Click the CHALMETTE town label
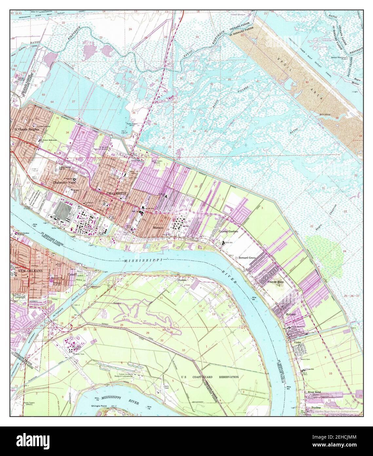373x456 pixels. pos(116,194)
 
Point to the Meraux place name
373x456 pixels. pos(158,227)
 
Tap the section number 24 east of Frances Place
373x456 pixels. pos(344,251)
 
